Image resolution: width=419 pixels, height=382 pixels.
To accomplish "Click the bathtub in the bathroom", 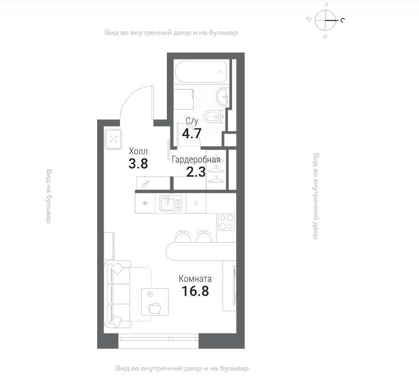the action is [x=201, y=71].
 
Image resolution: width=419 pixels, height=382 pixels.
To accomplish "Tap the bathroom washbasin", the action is [x=222, y=96].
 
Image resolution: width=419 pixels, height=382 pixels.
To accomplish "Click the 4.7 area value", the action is [x=191, y=133].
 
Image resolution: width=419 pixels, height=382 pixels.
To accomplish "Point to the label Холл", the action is [x=138, y=151].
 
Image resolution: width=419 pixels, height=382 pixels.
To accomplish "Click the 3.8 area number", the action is [x=138, y=164].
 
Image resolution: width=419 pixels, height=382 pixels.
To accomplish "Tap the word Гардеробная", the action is [x=196, y=160].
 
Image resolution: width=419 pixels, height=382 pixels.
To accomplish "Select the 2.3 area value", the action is [x=196, y=172].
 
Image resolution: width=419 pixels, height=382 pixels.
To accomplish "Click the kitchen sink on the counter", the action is [x=171, y=203].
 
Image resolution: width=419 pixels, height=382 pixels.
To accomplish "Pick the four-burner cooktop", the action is [x=226, y=222].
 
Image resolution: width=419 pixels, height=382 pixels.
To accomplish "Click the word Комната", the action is [x=195, y=279].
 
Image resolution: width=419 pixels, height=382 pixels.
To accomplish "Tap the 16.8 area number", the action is [x=195, y=291].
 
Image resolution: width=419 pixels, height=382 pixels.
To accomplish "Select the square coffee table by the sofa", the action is [x=155, y=302].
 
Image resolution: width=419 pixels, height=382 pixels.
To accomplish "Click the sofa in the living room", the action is [x=118, y=295].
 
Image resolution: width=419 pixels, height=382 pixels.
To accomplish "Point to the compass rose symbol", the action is [x=325, y=21].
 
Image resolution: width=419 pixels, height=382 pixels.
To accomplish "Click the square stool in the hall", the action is [x=113, y=139].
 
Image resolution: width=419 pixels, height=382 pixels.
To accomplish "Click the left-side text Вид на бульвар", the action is [x=49, y=196].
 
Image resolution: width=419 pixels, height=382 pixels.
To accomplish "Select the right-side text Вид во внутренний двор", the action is [x=316, y=196].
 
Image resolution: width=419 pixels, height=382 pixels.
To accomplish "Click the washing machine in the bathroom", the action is [x=183, y=99].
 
